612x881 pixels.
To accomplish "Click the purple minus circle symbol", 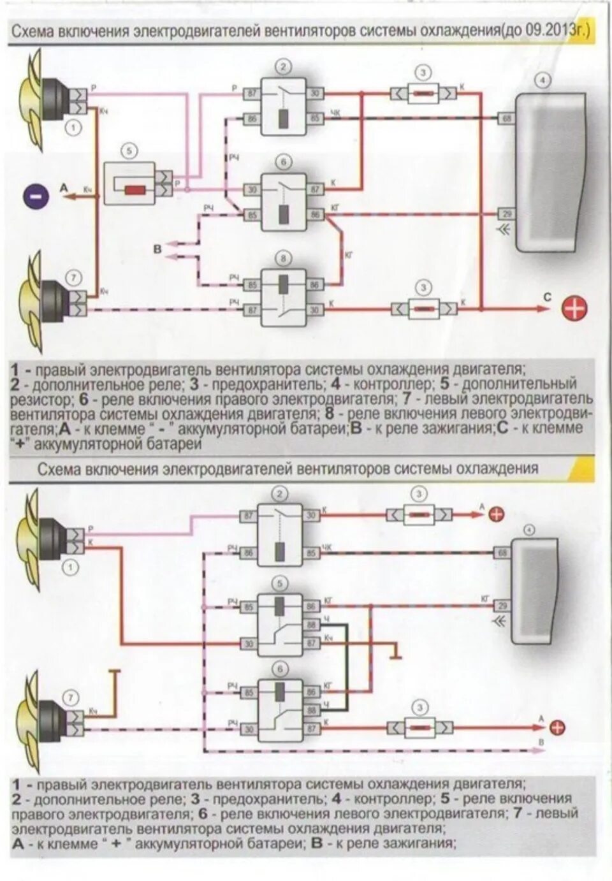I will pos(36,195).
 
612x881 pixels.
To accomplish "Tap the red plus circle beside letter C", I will pos(574,309).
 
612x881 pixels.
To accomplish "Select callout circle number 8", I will pos(283,258).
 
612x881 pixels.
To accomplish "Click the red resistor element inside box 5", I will pos(135,190).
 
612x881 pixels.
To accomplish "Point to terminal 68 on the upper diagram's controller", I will pos(507,119).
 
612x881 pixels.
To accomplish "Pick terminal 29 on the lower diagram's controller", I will pos(502,606).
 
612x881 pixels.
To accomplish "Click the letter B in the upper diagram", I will pos(158,249).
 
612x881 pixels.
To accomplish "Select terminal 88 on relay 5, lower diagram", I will pos(312,625).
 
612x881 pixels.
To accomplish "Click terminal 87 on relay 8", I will pos(252,309).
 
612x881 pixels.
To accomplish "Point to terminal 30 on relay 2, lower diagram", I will pos(311,515).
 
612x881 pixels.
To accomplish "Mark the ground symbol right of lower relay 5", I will pos(395,653).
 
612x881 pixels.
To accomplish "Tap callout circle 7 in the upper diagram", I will pos(74,277).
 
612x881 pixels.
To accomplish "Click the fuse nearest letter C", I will pos(423,309).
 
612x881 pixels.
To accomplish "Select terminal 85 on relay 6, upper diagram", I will pos(252,215).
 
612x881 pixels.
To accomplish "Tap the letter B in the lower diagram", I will pos(541,743).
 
